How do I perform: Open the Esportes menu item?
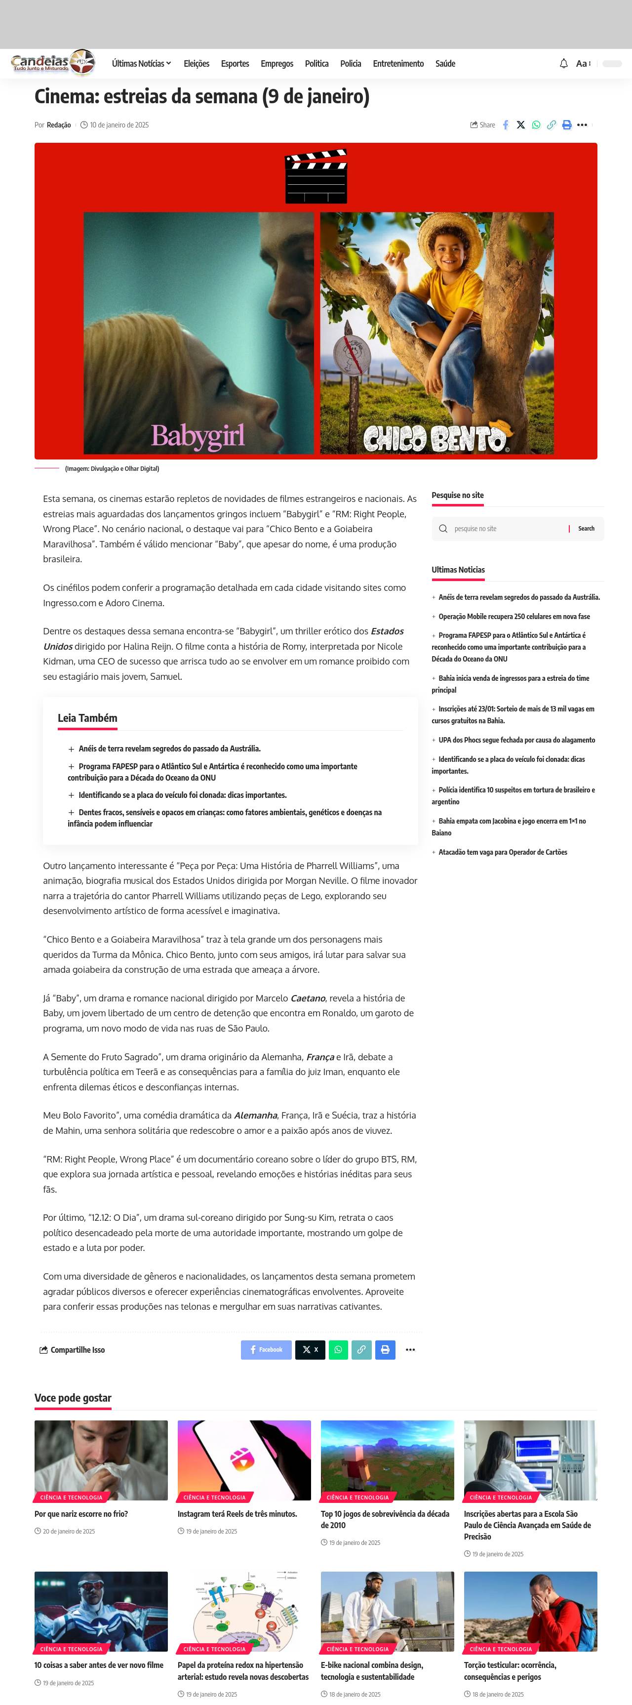[235, 64]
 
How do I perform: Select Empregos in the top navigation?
[276, 64]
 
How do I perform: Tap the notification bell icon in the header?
[564, 64]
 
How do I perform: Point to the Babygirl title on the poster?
[198, 436]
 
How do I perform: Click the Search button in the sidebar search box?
[586, 529]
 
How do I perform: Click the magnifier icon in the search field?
[443, 529]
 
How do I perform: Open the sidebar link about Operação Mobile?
[513, 616]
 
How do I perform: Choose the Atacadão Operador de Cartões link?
[502, 853]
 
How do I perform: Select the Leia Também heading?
[87, 718]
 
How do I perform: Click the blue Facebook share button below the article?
[266, 1350]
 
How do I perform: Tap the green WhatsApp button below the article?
[338, 1350]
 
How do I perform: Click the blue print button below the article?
[385, 1350]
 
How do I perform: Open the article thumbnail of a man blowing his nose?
[101, 1459]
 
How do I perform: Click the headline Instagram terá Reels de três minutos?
[237, 1514]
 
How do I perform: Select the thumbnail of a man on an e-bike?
[387, 1611]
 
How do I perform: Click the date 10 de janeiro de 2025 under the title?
[119, 125]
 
